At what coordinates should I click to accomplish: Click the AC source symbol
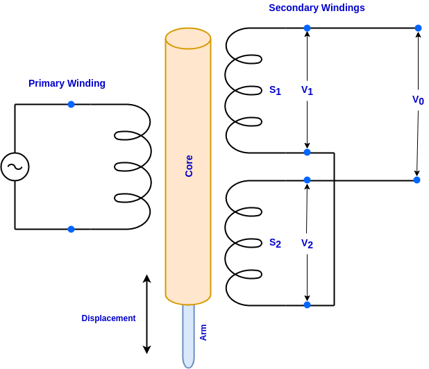click(x=15, y=166)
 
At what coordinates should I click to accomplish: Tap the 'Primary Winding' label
click(x=67, y=83)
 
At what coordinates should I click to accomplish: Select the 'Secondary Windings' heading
click(x=317, y=8)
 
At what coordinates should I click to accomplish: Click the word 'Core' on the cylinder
click(x=189, y=166)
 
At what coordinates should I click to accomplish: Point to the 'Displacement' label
click(x=108, y=318)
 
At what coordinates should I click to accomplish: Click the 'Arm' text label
click(x=203, y=332)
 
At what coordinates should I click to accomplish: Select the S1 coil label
click(x=275, y=90)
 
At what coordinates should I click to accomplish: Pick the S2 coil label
click(x=275, y=243)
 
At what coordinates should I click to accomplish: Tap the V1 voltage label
click(x=307, y=90)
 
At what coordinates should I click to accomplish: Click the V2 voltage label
click(x=307, y=243)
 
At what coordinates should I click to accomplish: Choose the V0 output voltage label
click(x=418, y=100)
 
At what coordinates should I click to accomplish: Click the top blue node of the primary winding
click(x=71, y=104)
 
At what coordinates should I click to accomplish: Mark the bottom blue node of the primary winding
click(x=71, y=229)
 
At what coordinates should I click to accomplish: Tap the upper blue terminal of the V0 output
click(x=418, y=28)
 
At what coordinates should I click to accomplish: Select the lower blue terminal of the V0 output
click(x=417, y=180)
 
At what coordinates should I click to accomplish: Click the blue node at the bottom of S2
click(x=307, y=304)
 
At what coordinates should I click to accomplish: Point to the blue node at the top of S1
click(x=307, y=28)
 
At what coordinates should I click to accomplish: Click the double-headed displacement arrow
click(x=146, y=314)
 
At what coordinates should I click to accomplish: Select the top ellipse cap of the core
click(x=188, y=38)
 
